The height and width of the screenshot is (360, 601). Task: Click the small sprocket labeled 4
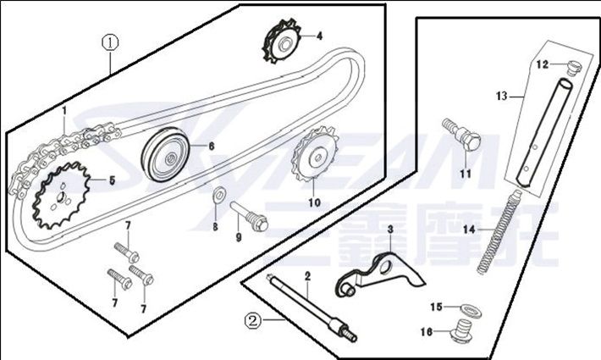coord(282,42)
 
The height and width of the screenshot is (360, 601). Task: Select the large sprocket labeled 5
coord(62,196)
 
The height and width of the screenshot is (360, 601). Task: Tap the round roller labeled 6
coord(166,154)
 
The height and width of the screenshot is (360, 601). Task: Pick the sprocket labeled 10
coord(315,157)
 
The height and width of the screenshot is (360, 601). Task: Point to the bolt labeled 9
coord(249,217)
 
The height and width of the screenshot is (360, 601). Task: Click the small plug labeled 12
coord(573,68)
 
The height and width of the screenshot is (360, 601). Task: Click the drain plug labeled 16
coord(462,330)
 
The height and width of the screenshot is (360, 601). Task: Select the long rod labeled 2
coord(312,307)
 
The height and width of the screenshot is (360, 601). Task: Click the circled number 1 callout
coord(110,42)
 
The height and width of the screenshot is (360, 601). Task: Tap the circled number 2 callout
coord(252,320)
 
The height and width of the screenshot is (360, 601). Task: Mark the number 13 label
coord(501,96)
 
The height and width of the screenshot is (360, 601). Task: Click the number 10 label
coord(314,202)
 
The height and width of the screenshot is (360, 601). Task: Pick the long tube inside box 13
coord(544,132)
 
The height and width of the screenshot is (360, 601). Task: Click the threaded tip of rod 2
coord(350,335)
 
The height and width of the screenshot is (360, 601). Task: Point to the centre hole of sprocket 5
coord(60,197)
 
